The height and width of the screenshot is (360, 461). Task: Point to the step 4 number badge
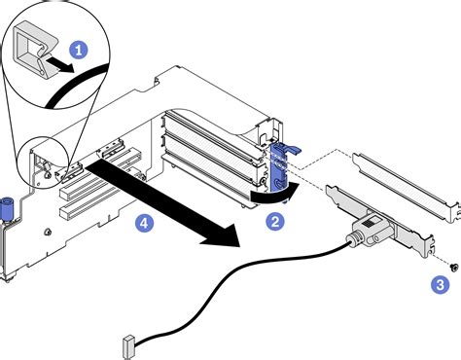pyautogui.click(x=145, y=223)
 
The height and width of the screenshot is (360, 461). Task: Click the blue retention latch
pyautogui.click(x=283, y=156)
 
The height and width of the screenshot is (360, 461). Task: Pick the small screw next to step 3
pyautogui.click(x=452, y=265)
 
